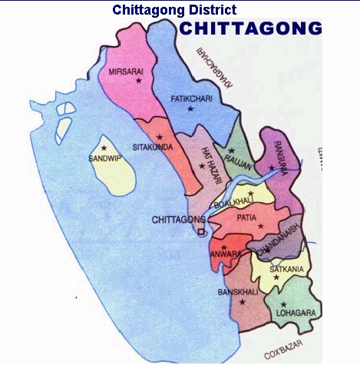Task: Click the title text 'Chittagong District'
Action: (174, 10)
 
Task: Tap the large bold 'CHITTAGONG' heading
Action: (250, 29)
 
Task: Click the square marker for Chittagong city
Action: (200, 231)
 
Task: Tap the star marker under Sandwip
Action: (104, 148)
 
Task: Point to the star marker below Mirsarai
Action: (139, 81)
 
